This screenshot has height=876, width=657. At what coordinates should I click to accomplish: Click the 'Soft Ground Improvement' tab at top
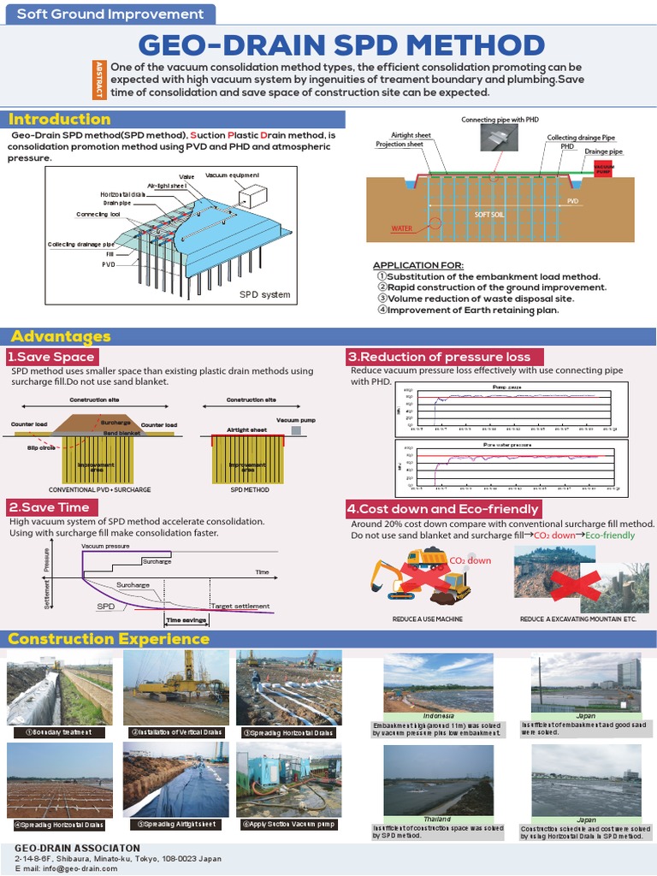[111, 14]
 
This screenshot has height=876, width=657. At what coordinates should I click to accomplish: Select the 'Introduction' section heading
[60, 120]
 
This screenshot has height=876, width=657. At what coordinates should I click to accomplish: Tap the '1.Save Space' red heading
[50, 357]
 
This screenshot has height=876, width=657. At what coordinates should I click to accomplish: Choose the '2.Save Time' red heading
[49, 507]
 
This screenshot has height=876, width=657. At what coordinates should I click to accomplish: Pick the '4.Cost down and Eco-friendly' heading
[443, 509]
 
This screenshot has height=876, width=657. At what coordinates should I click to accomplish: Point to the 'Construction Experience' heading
[109, 639]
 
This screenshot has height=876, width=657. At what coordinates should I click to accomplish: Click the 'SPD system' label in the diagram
[264, 295]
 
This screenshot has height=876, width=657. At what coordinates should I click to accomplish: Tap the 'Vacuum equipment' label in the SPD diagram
[232, 175]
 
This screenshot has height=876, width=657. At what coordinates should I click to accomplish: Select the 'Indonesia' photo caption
[438, 715]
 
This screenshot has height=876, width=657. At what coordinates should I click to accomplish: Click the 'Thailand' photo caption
[437, 820]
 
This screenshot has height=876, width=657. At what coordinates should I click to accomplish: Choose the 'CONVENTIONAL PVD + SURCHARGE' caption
[88, 490]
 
